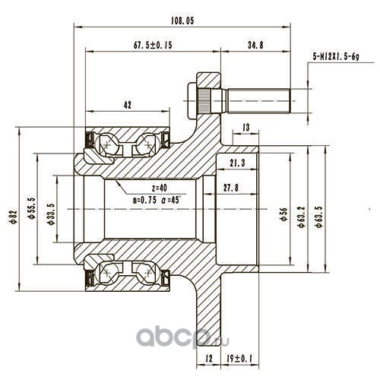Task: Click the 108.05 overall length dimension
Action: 182,21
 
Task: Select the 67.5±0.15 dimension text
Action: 153,45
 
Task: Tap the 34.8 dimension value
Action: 255,45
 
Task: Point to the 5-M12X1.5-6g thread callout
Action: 336,56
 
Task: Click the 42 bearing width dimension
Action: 128,105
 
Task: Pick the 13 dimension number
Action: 245,127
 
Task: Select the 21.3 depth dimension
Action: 238,163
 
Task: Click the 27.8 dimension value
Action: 231,188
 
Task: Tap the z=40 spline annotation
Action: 160,188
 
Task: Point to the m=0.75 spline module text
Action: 144,200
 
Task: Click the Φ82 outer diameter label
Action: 14,217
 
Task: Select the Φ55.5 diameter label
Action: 31,207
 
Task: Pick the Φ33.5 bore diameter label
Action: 51,214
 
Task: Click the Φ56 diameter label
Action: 284,214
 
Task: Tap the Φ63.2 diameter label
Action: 302,217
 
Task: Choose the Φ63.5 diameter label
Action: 319,217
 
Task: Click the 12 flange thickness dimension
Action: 209,358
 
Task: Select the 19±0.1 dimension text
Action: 239,358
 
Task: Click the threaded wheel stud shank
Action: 258,101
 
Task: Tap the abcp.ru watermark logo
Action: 182,336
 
